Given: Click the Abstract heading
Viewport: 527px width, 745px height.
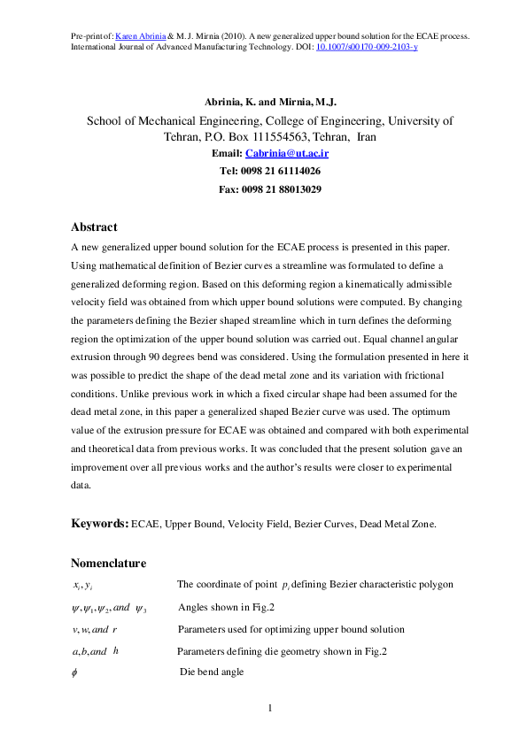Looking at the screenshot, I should click(x=94, y=227).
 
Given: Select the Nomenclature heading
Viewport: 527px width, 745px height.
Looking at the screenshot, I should click(x=108, y=563).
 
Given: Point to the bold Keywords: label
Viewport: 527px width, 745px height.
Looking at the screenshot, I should click(x=99, y=524).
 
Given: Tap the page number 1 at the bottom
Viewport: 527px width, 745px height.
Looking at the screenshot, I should click(x=270, y=708).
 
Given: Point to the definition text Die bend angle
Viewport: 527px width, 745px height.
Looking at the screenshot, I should click(x=212, y=673).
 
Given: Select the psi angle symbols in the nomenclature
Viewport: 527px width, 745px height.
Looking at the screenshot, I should click(x=108, y=607).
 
